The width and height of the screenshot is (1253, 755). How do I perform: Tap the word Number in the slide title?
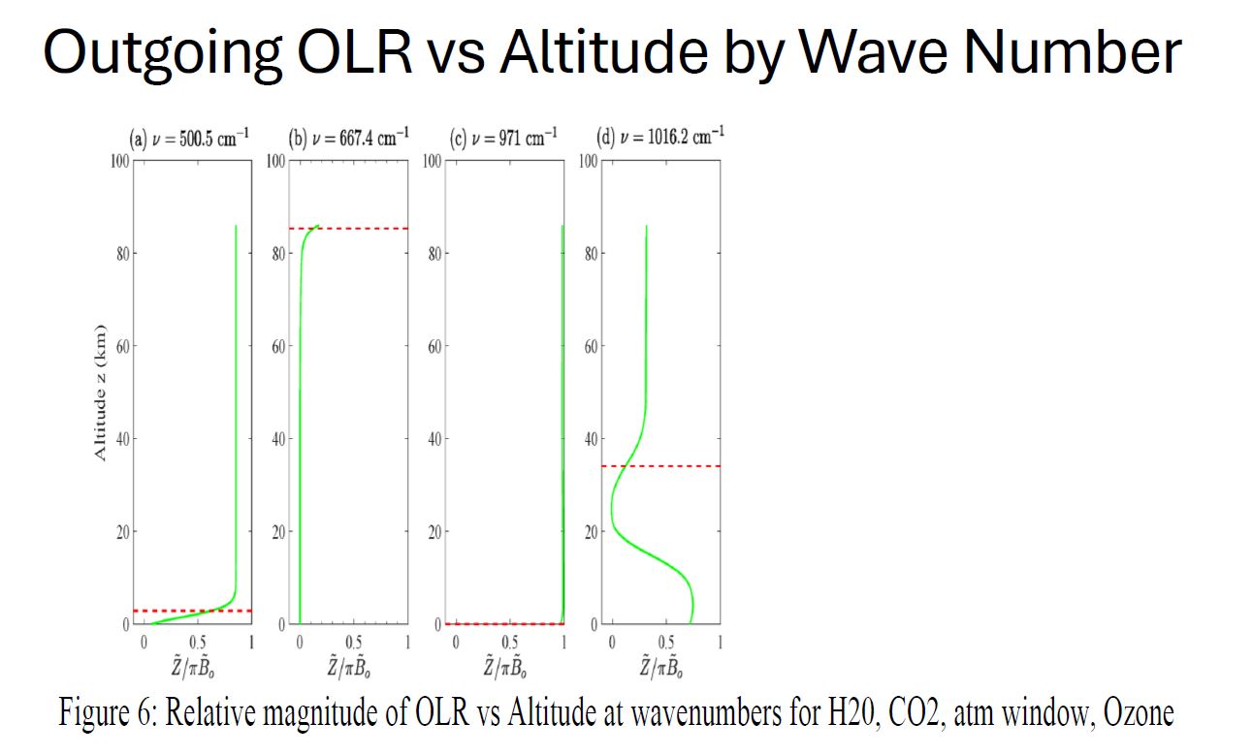pos(1055,52)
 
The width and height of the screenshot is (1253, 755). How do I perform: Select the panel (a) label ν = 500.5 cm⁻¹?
pos(190,138)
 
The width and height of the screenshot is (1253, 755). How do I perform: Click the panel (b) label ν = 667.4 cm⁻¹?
pos(350,136)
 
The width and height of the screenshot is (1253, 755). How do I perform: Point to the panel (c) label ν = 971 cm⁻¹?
pos(503,138)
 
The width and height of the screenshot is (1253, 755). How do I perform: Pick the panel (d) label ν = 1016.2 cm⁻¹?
pos(659,136)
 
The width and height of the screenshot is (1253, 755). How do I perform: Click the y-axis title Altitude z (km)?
pos(100,393)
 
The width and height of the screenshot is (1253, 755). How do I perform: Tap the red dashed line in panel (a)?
pos(194,611)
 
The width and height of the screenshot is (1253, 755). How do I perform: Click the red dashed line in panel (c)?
pos(504,623)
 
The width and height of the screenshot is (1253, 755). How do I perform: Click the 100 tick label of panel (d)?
pos(588,161)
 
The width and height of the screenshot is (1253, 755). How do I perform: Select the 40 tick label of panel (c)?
pos(434,439)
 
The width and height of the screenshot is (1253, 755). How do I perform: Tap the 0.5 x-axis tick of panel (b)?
pos(353,643)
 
